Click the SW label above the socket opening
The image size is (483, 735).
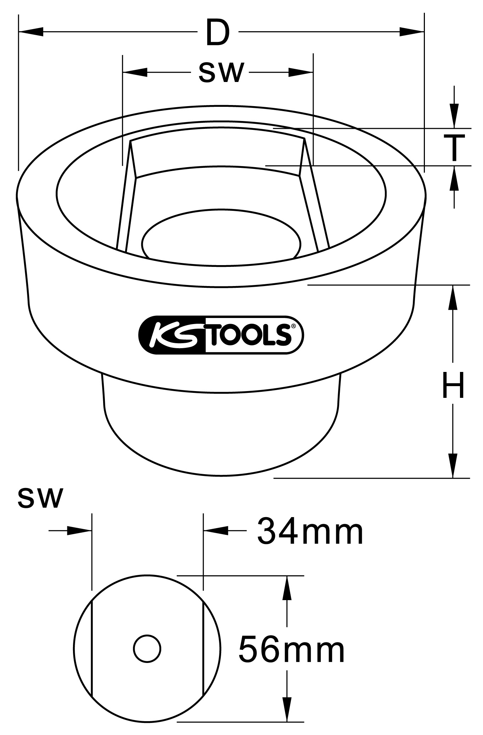click(221, 72)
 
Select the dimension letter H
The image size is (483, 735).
click(454, 385)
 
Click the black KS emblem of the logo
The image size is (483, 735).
click(172, 335)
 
